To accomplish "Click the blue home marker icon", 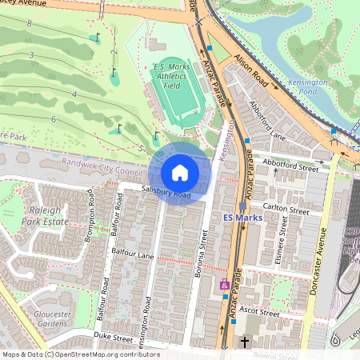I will [x=180, y=172].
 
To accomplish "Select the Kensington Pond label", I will [x=308, y=87].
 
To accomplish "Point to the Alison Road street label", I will [x=250, y=70].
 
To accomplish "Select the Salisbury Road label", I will [x=166, y=193].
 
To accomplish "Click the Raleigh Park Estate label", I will [x=46, y=215].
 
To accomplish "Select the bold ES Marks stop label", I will [x=238, y=217].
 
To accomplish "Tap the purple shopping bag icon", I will [x=225, y=283].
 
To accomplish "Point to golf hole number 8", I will [x=30, y=24].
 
